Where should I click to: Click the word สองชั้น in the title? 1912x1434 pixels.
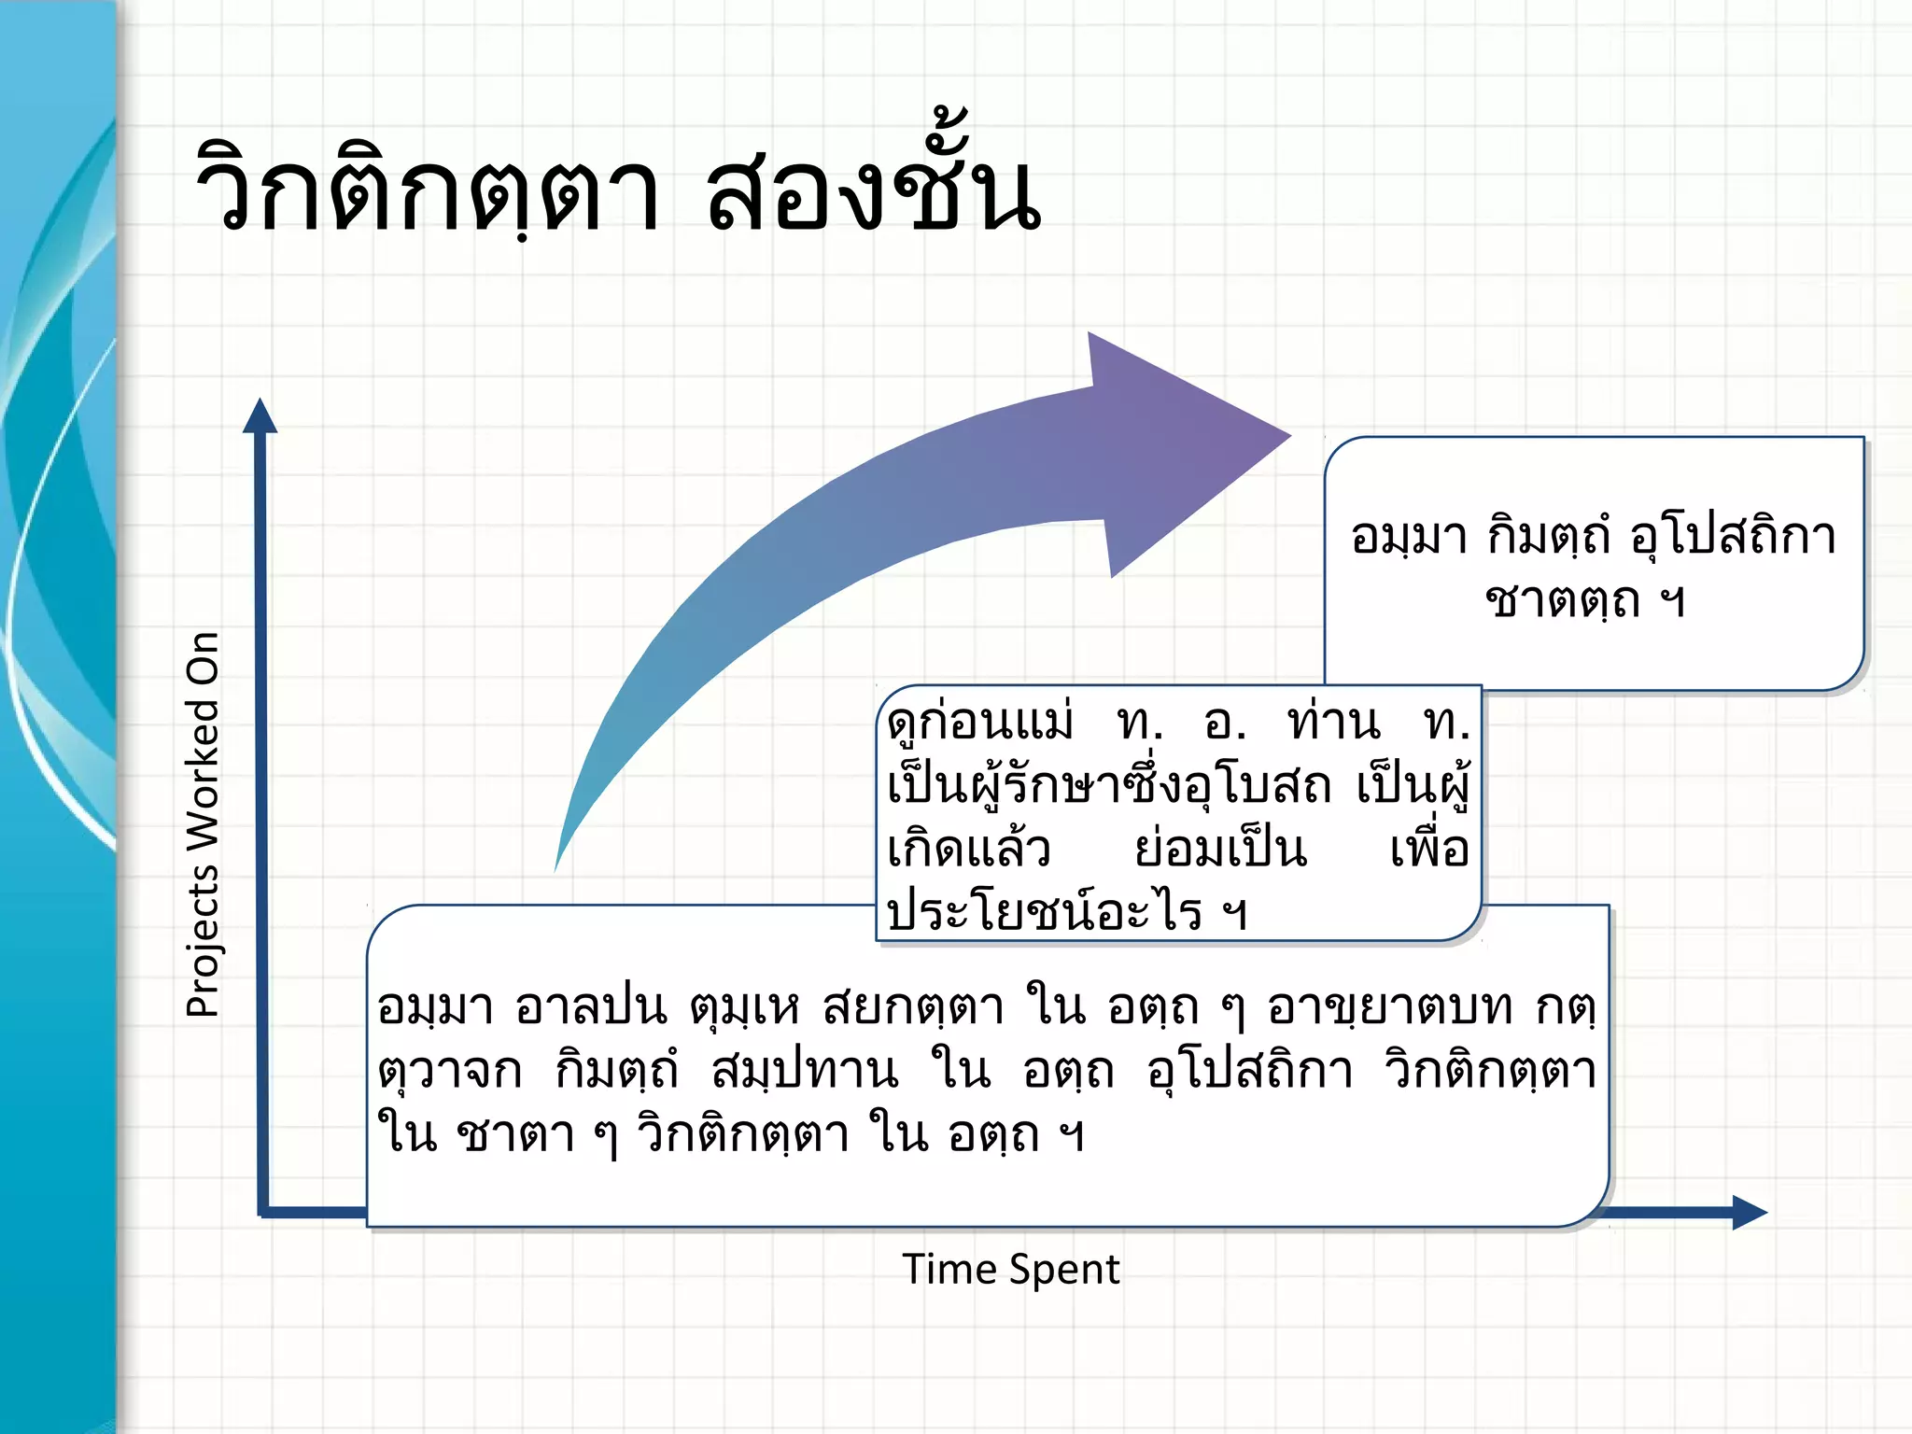(873, 191)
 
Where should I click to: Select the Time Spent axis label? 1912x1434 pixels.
(1010, 1270)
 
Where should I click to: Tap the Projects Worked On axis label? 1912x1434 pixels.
(203, 823)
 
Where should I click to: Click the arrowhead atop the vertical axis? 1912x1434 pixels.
(260, 416)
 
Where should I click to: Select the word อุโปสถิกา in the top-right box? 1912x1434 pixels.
(1733, 537)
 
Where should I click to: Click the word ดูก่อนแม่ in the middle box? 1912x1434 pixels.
(980, 723)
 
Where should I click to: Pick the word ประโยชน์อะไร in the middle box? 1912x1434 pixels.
(1044, 910)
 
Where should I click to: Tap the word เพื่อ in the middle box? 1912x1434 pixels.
(1428, 848)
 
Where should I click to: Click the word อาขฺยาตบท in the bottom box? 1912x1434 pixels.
(1389, 1008)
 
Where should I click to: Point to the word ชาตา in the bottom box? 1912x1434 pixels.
(515, 1134)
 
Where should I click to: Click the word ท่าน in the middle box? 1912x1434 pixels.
(1333, 723)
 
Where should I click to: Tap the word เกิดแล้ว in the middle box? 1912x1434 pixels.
(968, 848)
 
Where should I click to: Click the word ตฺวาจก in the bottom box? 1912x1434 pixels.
(449, 1071)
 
